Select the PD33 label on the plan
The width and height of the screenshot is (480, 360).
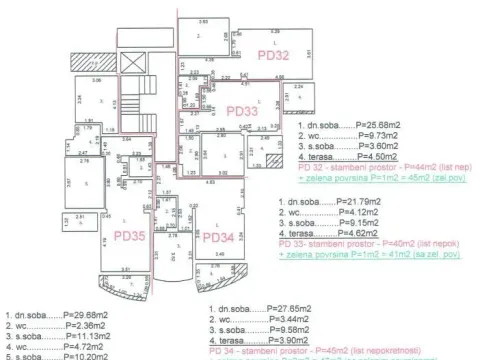[x=243, y=111]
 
